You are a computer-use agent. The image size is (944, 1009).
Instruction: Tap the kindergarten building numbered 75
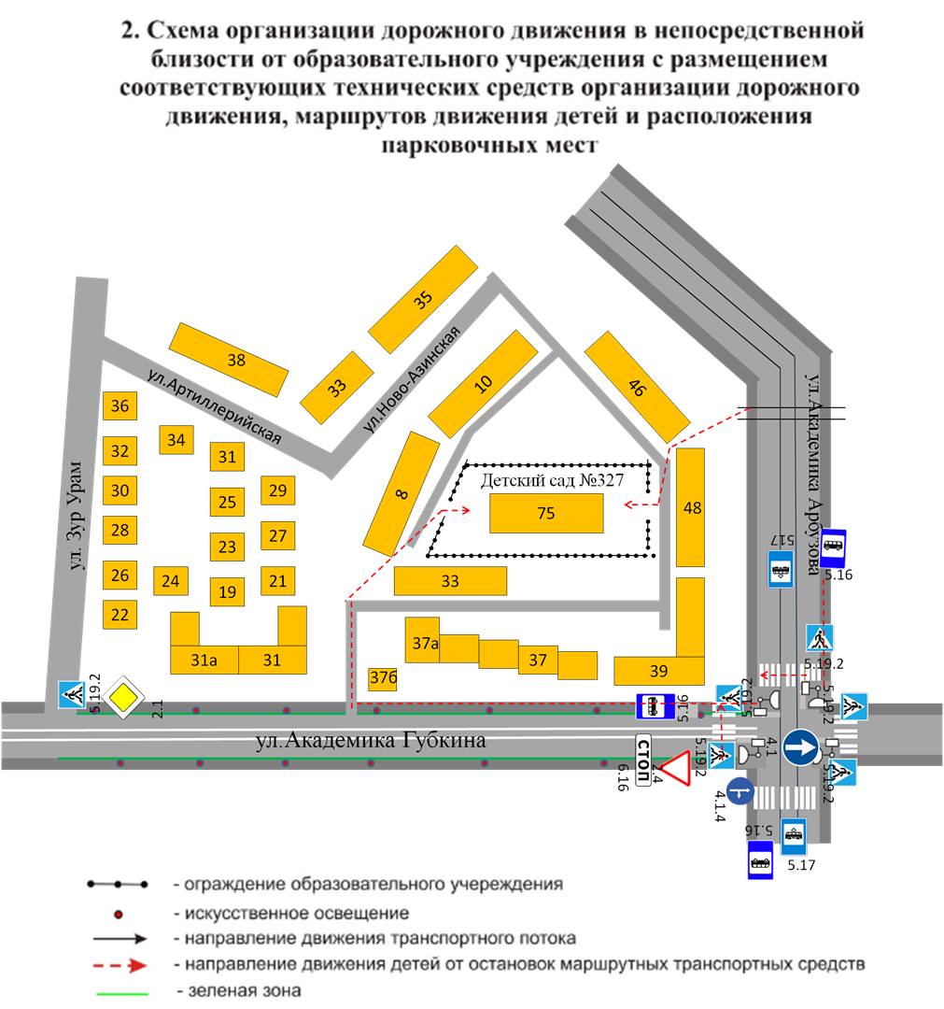[546, 513]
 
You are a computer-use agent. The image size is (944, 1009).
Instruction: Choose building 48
[690, 507]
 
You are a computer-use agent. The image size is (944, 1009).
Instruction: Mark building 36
[120, 405]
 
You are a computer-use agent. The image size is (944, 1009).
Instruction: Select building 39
[659, 671]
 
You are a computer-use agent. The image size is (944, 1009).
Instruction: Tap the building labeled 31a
[204, 660]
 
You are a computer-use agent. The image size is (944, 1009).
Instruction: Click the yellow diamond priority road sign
[122, 698]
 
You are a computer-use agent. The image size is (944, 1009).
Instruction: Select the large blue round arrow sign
[801, 747]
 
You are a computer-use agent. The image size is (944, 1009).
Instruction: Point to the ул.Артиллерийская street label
[214, 405]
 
